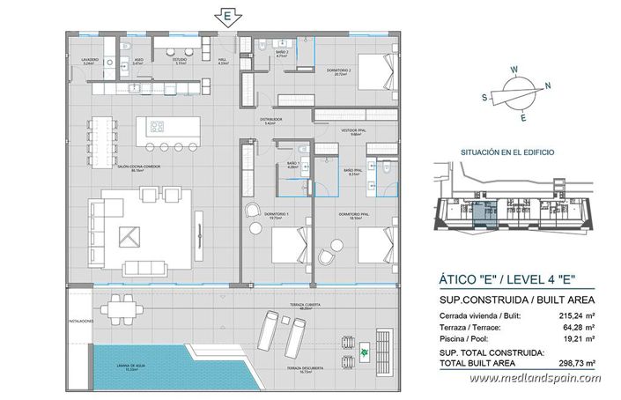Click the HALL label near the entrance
pos(223,62)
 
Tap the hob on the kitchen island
pos(155,124)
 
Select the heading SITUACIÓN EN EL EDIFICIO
pos(508,152)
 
